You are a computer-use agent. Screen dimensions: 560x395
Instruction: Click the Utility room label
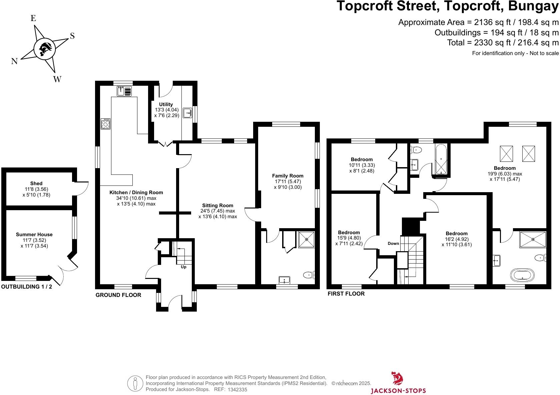166,104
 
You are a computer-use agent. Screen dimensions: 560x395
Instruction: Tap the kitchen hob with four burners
105,124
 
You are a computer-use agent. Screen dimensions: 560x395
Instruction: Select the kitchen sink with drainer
124,91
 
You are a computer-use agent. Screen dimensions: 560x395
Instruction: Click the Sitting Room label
217,205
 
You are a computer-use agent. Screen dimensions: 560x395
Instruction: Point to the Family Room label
288,176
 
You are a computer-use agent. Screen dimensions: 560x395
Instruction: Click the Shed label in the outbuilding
36,183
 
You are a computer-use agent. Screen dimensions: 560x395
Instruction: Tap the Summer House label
34,235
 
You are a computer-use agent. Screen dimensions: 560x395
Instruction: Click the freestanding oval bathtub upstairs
522,275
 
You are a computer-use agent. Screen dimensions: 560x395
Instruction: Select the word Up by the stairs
183,267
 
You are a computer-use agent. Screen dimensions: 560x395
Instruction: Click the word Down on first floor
393,244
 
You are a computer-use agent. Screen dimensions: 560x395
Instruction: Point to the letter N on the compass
14,61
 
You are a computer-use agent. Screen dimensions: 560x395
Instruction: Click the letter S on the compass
72,36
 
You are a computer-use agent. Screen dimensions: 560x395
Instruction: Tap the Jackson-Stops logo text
398,391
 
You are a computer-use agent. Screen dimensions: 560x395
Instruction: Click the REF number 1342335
237,390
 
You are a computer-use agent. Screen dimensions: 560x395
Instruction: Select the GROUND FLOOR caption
118,295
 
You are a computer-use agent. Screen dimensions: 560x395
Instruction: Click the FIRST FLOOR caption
346,294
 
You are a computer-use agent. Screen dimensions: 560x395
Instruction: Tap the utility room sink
187,113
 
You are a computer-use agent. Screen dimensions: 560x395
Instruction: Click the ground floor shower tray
307,240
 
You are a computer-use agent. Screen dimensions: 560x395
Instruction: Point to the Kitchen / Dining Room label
136,192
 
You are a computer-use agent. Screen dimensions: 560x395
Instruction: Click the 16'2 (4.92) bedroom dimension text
457,239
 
